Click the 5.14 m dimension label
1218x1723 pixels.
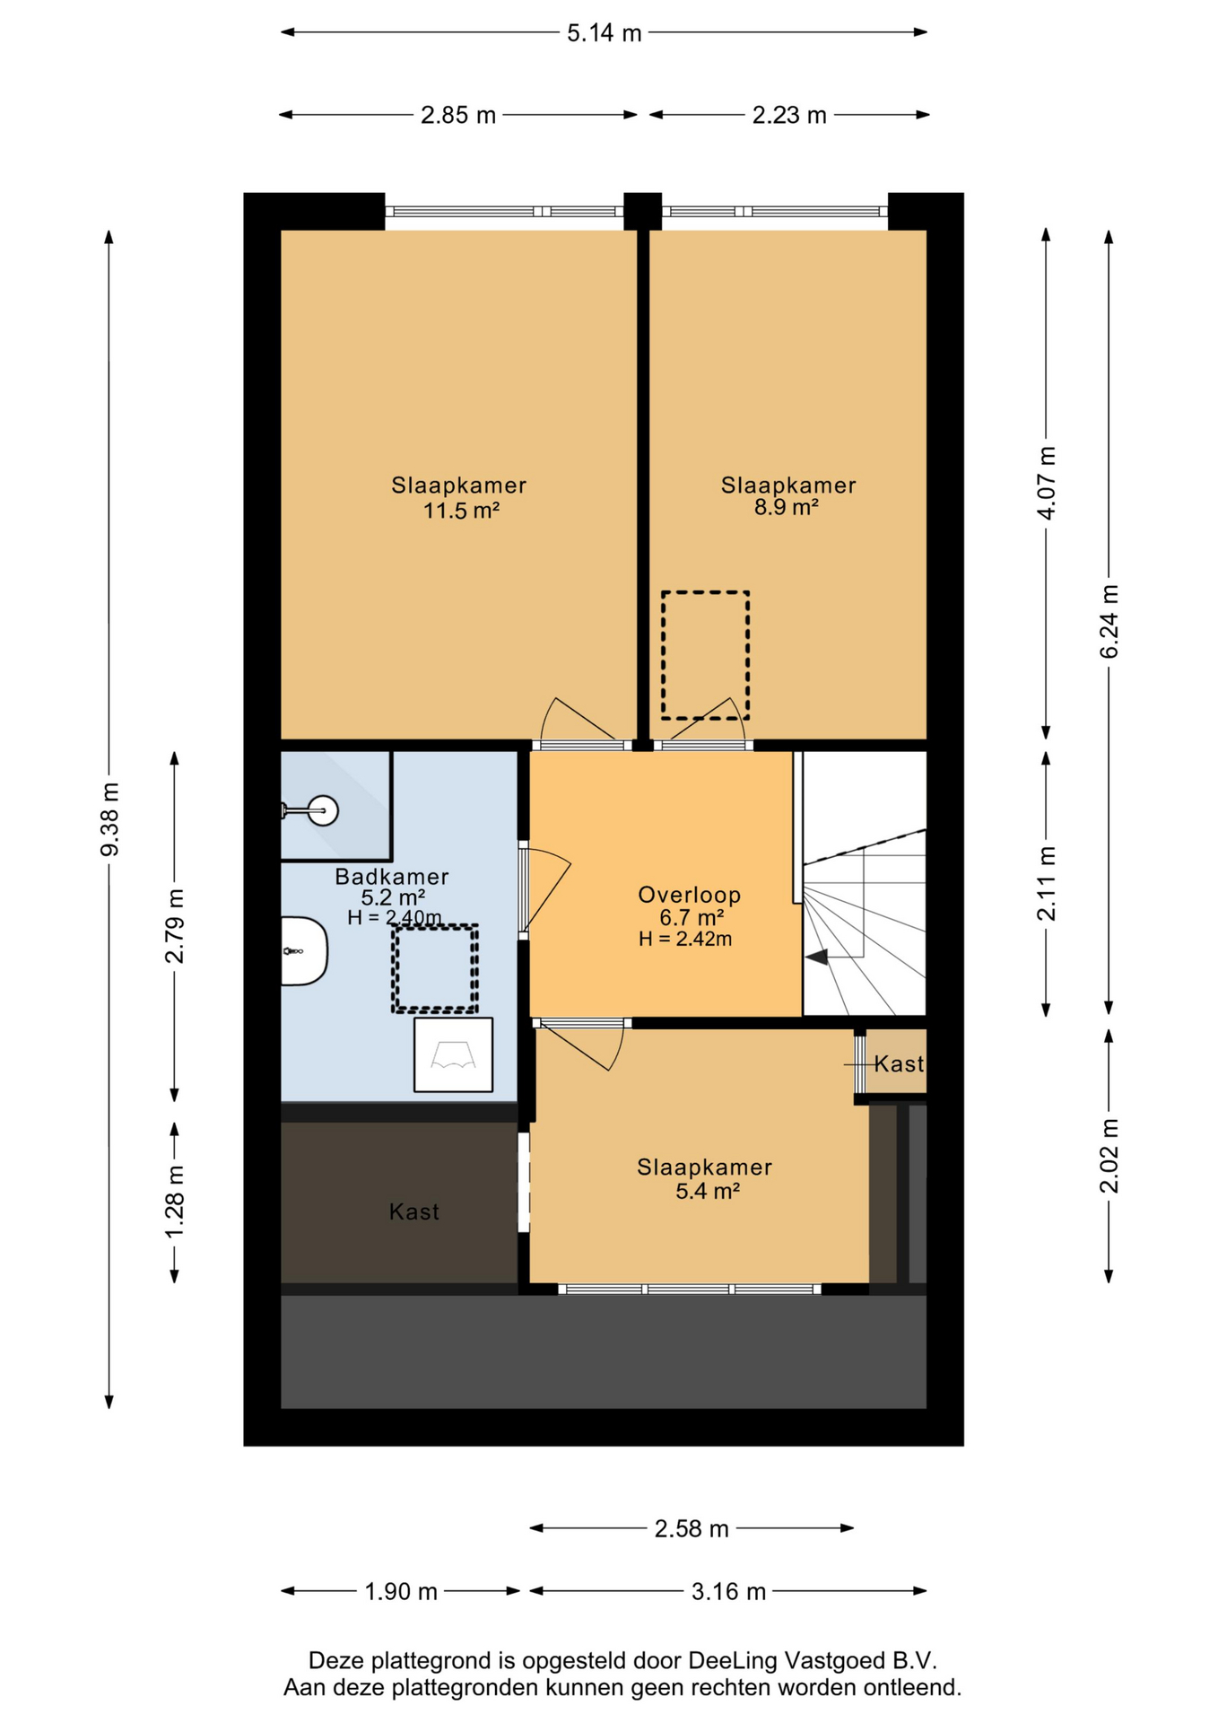point(604,33)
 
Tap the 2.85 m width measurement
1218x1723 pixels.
point(458,115)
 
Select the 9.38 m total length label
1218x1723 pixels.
point(109,819)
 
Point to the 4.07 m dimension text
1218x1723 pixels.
point(1046,482)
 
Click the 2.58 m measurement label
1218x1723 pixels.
point(692,1528)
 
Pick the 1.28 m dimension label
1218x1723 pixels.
point(174,1201)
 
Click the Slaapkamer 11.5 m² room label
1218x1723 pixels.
point(459,498)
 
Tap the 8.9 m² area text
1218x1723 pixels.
point(787,508)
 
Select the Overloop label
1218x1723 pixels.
point(690,894)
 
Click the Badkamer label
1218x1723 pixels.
point(392,876)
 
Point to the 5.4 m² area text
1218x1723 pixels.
point(708,1191)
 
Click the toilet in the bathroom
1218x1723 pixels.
point(304,951)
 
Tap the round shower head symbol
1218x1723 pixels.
point(322,810)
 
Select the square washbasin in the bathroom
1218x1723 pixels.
point(453,1054)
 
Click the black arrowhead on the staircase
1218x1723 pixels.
point(817,958)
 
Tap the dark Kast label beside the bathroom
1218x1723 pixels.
point(414,1211)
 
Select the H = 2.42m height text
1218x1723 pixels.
point(685,940)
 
